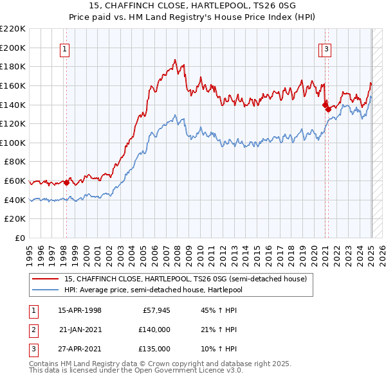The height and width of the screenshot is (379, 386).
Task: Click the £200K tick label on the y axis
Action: click(14, 48)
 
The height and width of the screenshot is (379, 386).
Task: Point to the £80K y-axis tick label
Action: click(15, 162)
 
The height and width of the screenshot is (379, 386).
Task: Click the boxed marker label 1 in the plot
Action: click(66, 48)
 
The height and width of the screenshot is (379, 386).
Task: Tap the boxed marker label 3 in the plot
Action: click(327, 48)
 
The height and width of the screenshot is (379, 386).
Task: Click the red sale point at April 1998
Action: click(66, 182)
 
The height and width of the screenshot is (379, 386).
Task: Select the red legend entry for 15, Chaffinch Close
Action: click(186, 279)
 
